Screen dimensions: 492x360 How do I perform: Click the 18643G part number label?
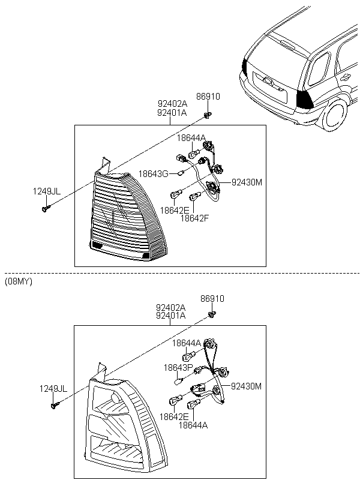coord(153,174)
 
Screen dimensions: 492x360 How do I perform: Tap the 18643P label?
coord(178,367)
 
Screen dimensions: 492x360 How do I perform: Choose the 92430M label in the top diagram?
coord(247,182)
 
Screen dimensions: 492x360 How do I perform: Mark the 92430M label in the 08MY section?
coord(247,386)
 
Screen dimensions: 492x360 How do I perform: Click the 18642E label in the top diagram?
coord(175,211)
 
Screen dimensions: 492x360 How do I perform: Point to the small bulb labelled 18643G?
coord(179,173)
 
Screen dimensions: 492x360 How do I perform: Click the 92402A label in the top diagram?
coord(172,104)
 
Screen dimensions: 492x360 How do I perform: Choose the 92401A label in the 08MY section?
coord(170,316)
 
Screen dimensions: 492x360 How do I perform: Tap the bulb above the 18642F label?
coord(194,196)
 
